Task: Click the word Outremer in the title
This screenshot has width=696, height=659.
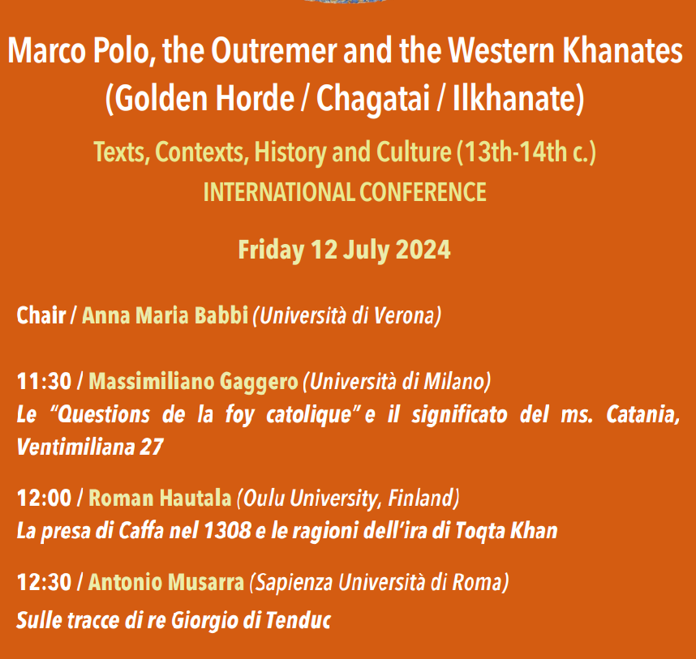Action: click(274, 50)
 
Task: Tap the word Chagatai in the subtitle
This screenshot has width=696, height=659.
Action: click(373, 98)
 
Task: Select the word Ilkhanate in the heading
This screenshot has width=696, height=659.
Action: click(513, 97)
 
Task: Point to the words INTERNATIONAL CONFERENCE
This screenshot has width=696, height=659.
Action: click(345, 192)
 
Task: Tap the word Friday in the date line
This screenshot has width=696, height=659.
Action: click(271, 250)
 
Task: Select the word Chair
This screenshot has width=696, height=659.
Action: click(41, 315)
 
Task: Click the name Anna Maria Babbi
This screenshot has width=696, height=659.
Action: click(165, 315)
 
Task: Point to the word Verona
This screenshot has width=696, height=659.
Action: click(405, 316)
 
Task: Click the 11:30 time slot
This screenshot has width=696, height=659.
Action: click(44, 382)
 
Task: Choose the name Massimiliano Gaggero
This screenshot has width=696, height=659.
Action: click(194, 382)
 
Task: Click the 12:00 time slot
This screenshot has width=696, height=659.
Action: click(44, 498)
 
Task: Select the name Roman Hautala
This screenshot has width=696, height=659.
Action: click(161, 498)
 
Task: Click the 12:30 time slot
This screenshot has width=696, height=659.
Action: click(44, 582)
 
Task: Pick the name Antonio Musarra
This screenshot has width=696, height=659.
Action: click(166, 582)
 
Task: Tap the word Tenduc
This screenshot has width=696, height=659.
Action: click(299, 620)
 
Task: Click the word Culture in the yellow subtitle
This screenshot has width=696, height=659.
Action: click(414, 152)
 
